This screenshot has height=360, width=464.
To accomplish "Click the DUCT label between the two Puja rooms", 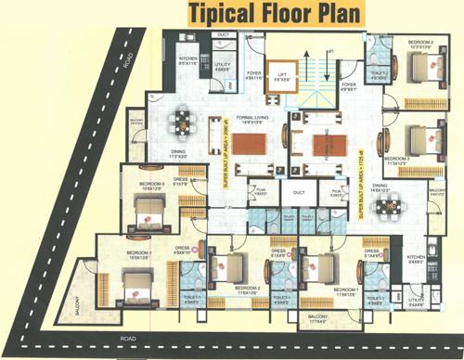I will [x=298, y=193].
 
